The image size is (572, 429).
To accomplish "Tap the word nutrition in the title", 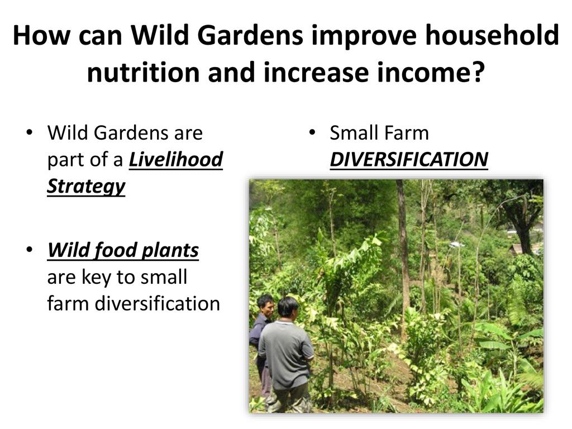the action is [x=143, y=72].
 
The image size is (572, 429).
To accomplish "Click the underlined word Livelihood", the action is [x=176, y=159].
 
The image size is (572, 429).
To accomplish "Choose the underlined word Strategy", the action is [x=86, y=187].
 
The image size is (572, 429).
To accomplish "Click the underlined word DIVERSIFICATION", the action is [x=409, y=159].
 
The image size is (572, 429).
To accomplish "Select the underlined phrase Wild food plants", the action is [x=123, y=250].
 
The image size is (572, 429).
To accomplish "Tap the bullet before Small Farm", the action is [x=312, y=132].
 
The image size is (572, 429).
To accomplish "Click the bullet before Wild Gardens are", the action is [x=30, y=132].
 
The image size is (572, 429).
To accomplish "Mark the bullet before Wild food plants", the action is [x=30, y=250].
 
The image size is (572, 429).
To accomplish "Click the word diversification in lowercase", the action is [x=157, y=303].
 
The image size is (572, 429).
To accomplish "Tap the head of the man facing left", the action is [x=266, y=304].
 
